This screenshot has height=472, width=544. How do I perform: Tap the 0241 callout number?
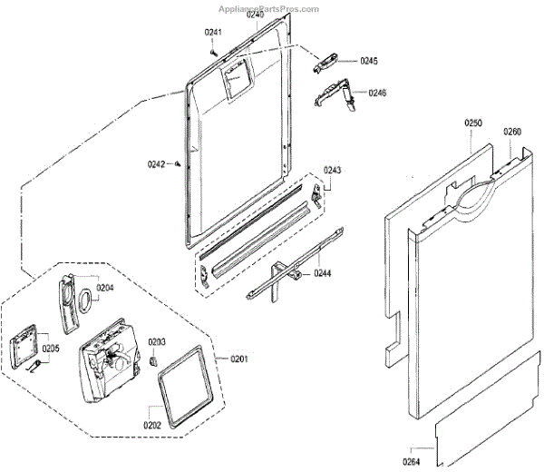pos(213,33)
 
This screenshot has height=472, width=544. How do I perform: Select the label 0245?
pos(368,61)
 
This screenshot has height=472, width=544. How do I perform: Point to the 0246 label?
pos(377,93)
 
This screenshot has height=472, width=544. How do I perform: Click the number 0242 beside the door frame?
pos(157,164)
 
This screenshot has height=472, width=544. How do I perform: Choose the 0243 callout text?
pos(332,171)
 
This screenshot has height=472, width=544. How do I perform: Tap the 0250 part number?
pos(473,123)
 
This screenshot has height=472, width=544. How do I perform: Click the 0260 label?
pos(512,132)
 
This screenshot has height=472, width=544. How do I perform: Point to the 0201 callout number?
pos(239,359)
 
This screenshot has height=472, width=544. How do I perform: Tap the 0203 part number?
pos(157,342)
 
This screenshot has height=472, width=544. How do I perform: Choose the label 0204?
pos(105,288)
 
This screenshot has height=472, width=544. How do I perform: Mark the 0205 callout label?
pos(50,349)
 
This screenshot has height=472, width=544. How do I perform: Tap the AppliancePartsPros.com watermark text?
pos(269,8)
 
